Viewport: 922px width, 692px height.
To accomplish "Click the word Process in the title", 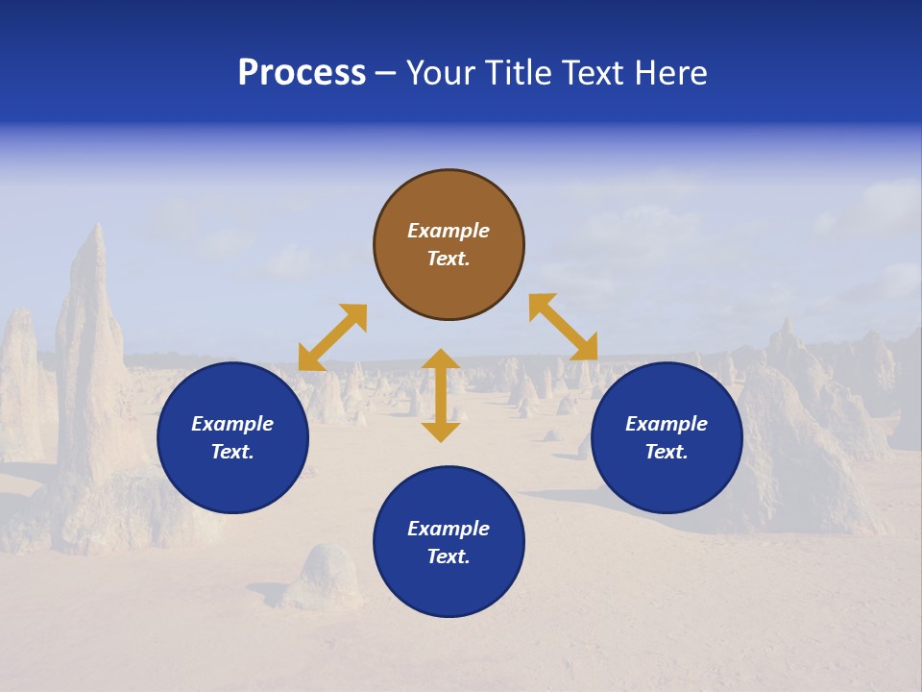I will point(302,73).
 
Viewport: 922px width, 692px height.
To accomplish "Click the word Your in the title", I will point(443,73).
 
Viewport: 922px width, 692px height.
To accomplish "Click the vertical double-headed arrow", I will point(441,395).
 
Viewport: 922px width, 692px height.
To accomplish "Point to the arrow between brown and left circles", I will point(332,337).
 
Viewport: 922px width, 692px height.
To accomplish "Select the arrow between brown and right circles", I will point(564,327).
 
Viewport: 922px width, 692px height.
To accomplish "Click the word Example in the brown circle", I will point(449,231).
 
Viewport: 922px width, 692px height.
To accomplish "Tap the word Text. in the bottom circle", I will point(449,556).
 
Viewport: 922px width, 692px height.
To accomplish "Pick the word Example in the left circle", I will point(232,424).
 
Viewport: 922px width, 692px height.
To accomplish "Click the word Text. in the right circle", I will point(667,452).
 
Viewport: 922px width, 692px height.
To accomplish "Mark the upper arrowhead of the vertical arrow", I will point(441,359).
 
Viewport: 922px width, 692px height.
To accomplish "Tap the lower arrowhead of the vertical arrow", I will point(441,432).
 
